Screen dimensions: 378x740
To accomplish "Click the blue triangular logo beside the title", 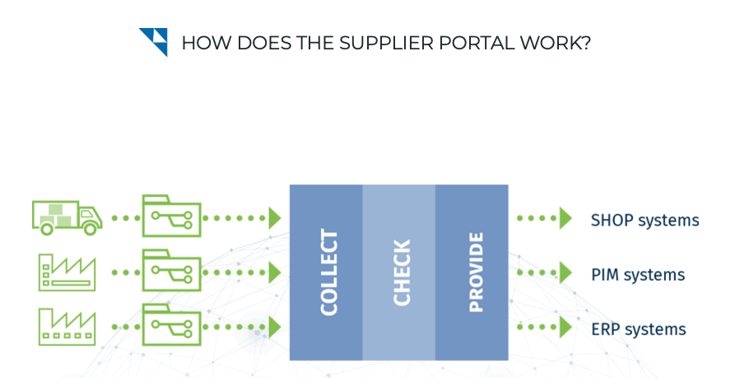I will (x=153, y=41).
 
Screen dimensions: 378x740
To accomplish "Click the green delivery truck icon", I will (x=67, y=217).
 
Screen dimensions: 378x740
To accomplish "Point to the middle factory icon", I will (x=67, y=272).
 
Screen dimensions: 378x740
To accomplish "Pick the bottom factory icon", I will (x=67, y=326).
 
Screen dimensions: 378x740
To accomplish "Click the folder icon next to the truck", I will (x=171, y=217).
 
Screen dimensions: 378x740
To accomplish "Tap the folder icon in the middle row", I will (x=171, y=271).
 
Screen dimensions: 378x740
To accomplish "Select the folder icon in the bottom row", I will (x=171, y=325).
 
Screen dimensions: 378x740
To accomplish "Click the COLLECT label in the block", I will (x=328, y=273).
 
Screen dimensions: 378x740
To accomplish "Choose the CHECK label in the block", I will (x=401, y=273).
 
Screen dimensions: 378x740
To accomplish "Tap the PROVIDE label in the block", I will (x=475, y=273).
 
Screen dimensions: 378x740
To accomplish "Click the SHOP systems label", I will (x=645, y=221).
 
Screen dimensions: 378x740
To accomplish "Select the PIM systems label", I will (x=637, y=274).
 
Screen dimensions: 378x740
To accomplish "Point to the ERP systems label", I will (x=638, y=329).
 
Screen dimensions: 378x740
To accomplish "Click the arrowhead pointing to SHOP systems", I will (x=565, y=218).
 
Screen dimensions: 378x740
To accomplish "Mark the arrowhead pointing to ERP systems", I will (x=565, y=327).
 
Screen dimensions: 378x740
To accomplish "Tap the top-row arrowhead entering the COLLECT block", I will (x=275, y=218).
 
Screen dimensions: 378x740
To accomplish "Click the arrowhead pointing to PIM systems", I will (x=565, y=273).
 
